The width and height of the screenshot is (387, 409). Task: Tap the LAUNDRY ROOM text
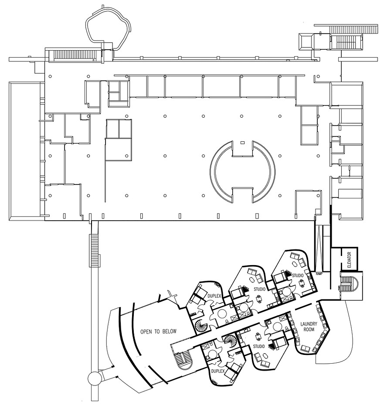(311, 327)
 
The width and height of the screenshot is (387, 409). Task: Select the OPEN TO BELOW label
(158, 331)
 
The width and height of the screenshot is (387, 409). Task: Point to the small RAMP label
(319, 274)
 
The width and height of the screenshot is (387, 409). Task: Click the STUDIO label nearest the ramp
(298, 276)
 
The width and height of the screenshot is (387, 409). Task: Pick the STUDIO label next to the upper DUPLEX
(260, 289)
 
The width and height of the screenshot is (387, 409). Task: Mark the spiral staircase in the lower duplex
(230, 341)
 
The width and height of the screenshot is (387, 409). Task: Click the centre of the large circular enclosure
(242, 171)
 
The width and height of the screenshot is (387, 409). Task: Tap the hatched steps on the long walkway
(94, 250)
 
